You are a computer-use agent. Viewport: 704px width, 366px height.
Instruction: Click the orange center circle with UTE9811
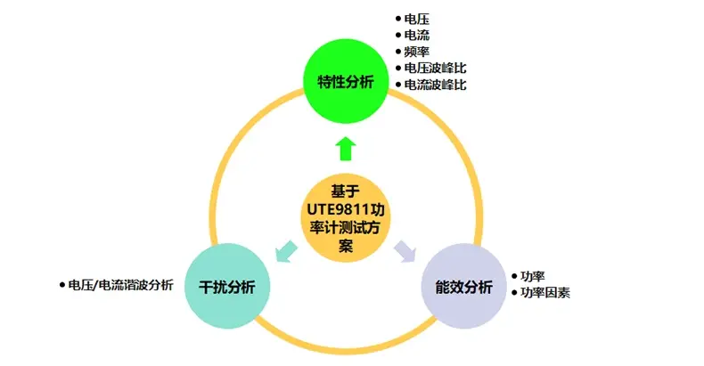[x=346, y=219]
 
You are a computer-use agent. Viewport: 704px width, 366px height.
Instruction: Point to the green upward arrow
[x=346, y=147]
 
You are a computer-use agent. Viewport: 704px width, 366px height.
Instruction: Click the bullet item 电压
[x=416, y=19]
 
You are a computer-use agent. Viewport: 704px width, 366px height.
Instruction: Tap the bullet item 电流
[x=416, y=35]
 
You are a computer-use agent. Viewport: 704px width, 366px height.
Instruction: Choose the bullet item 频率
[x=416, y=52]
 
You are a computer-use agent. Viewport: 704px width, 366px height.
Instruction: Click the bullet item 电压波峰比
[x=434, y=68]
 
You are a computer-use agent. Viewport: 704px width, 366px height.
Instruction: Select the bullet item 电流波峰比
[x=434, y=85]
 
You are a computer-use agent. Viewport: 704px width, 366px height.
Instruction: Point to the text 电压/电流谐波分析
[x=120, y=285]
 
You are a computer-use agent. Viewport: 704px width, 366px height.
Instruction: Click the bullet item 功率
[x=533, y=275]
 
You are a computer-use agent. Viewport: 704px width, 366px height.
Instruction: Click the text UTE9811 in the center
[x=332, y=210]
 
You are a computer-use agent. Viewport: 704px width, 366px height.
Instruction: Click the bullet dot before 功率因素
[x=514, y=293]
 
